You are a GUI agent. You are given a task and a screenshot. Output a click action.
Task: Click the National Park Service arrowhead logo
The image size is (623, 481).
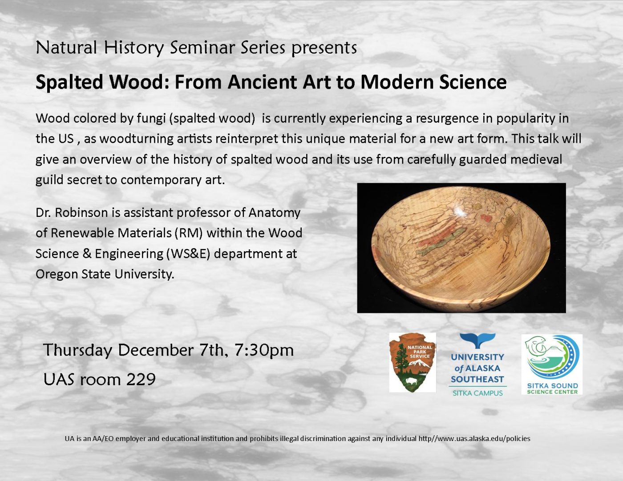(x=413, y=362)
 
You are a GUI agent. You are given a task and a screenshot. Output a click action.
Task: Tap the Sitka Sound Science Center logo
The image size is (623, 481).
(x=552, y=365)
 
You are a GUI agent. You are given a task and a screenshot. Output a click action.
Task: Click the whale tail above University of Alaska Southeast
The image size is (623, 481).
(x=477, y=341)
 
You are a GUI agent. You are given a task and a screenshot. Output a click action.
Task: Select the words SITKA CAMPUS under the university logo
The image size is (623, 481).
(x=477, y=393)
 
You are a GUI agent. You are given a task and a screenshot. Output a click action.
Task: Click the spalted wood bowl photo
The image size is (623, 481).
(x=461, y=248)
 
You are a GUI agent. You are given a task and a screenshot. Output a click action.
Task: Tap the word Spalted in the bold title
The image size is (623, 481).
(x=69, y=82)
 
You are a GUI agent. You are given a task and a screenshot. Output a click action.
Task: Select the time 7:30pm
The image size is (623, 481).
(x=264, y=350)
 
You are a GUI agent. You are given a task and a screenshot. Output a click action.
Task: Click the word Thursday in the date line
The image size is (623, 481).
(x=77, y=350)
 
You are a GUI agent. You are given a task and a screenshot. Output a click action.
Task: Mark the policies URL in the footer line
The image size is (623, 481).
(x=474, y=439)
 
